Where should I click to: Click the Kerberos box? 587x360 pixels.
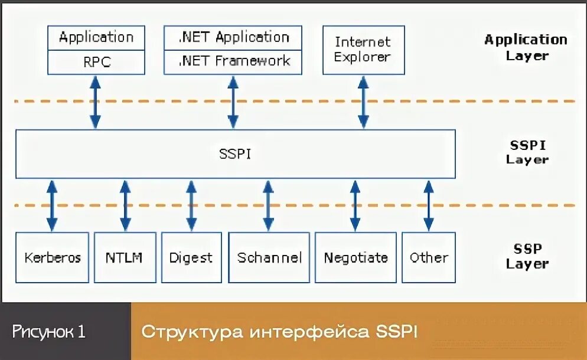[x=53, y=257]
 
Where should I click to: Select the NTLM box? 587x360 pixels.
[x=125, y=257]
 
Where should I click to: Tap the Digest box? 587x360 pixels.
[x=191, y=257]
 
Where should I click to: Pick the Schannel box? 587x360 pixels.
[x=269, y=257]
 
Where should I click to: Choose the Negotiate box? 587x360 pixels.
[x=356, y=257]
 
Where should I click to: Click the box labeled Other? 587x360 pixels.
[x=429, y=257]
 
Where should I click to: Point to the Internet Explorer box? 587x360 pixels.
[x=363, y=50]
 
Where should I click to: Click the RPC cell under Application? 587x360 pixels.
[x=96, y=62]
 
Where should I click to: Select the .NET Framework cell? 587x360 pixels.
[x=234, y=61]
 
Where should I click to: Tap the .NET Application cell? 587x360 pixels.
[x=234, y=37]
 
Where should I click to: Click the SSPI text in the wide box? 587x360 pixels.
[x=235, y=154]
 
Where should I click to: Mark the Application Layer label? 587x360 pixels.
[x=526, y=47]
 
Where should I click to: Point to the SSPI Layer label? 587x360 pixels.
[x=527, y=152]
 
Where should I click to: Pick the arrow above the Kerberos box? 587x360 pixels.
[x=52, y=205]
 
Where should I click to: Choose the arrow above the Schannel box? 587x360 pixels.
[x=268, y=205]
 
